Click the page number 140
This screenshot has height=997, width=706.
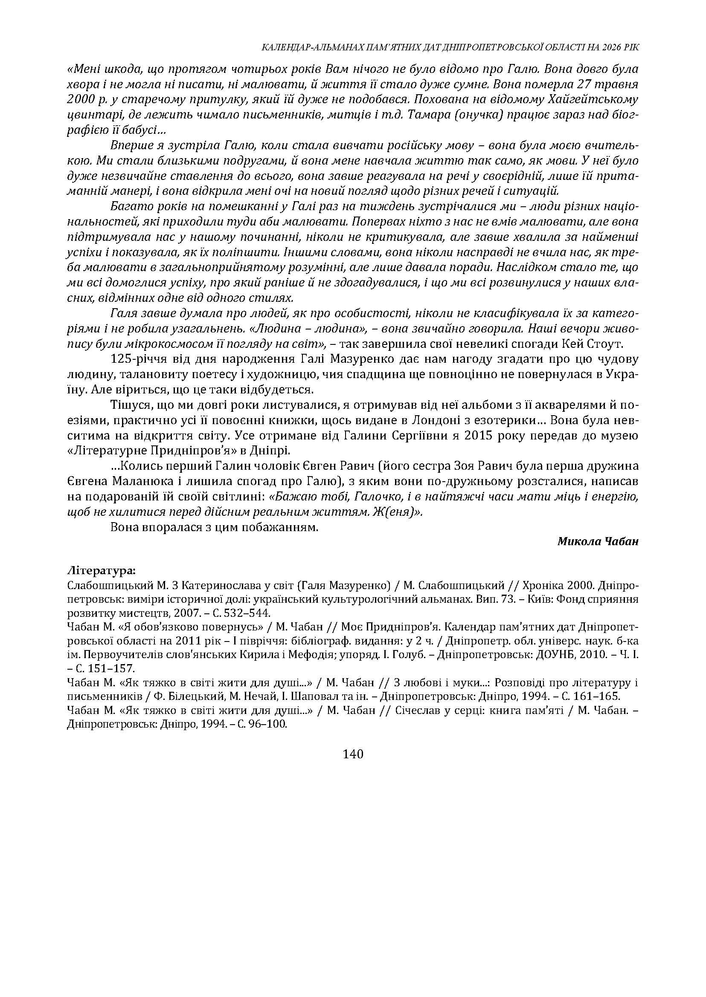352,754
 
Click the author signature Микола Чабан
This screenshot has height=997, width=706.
598,541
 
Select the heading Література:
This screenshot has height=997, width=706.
101,569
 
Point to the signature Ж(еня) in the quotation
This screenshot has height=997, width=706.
397,512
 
